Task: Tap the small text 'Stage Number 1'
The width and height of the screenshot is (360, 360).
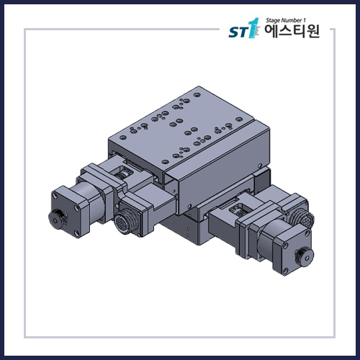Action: (287, 22)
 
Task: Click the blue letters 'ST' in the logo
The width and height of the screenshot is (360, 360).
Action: (238, 33)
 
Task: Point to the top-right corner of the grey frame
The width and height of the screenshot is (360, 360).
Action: (334, 30)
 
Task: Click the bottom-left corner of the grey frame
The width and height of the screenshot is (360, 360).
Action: (26, 337)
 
